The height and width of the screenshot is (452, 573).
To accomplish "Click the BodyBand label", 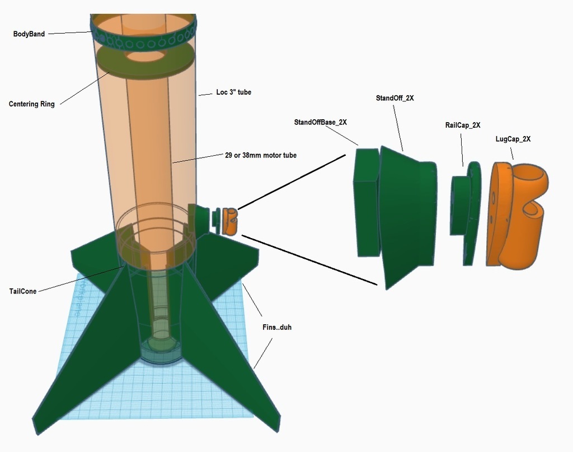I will pos(29,34).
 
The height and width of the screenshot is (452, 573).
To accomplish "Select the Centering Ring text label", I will pos(32,104).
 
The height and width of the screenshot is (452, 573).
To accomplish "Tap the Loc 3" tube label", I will pos(233,92).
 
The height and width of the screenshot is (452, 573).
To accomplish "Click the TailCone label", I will pos(23,291).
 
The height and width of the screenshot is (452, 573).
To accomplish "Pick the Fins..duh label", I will pos(277,327).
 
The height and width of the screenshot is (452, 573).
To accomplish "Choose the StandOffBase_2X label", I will pos(321,122).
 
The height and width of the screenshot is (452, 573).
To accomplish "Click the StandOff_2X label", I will pos(395,98).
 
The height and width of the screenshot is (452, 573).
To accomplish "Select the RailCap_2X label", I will pos(463,125).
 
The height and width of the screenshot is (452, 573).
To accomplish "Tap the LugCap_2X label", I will pos(513,139).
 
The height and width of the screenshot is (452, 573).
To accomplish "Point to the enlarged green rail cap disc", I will pos(467,213).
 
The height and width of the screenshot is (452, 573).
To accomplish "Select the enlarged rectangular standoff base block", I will pos(367,202).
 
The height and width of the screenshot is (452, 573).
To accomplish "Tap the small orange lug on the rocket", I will pos(230,221).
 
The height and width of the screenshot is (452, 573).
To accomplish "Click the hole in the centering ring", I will pos(144,56).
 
